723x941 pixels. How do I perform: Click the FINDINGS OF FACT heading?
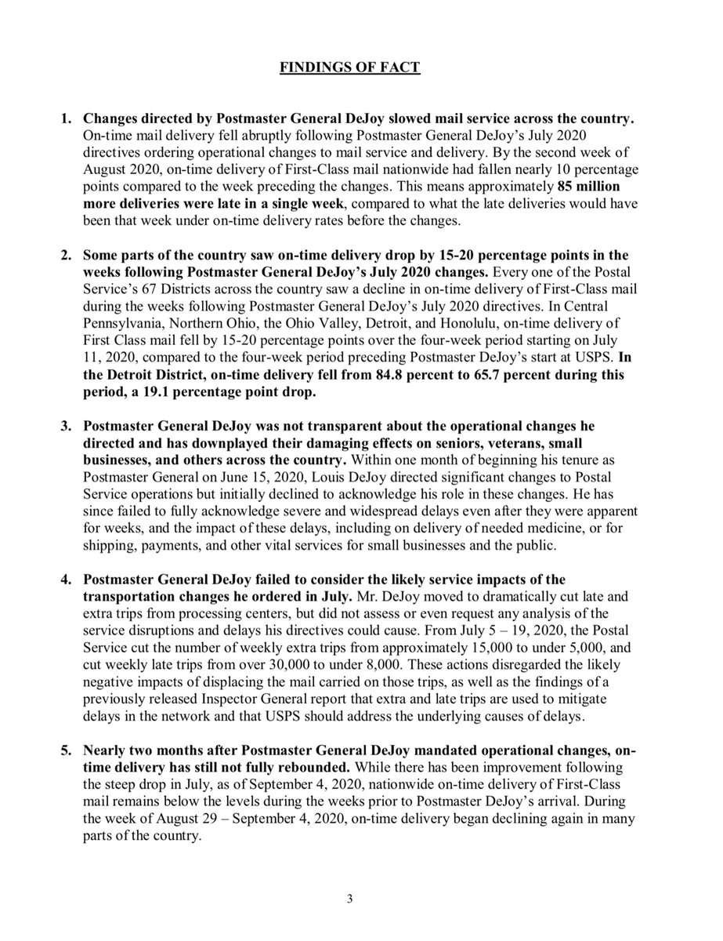click(x=350, y=68)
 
